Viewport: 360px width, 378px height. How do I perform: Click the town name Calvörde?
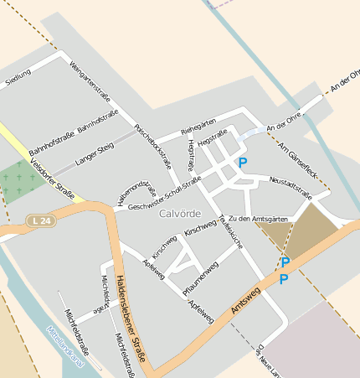pos(179,215)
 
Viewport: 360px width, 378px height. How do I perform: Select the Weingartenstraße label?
pos(90,83)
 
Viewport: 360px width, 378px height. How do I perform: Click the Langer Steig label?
pos(94,151)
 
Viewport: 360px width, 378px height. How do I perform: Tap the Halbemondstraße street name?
pos(137,192)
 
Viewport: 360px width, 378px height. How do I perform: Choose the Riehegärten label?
pos(198,125)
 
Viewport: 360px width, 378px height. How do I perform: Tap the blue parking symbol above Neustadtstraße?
pos(243,163)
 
